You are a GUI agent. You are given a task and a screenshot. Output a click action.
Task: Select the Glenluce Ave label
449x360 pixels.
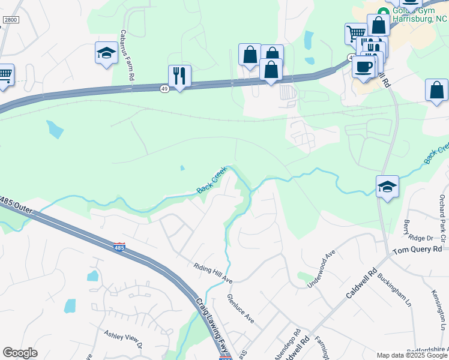[x=240, y=308]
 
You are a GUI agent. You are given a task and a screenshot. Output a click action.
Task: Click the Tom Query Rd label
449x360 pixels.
[x=417, y=249]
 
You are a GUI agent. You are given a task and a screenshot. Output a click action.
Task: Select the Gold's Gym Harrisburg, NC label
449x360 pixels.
[x=420, y=14]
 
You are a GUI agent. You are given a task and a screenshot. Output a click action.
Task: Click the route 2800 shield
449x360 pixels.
[x=11, y=20]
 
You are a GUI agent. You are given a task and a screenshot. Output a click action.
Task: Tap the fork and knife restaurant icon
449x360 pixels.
[x=179, y=76]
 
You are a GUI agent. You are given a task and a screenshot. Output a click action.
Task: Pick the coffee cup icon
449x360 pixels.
[x=363, y=66]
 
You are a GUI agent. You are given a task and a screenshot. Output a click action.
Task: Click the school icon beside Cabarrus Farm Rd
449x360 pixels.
[x=106, y=53]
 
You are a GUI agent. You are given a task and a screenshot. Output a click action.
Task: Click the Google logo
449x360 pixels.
[x=20, y=353]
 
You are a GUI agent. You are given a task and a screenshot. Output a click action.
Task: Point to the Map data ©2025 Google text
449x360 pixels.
[x=412, y=355]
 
